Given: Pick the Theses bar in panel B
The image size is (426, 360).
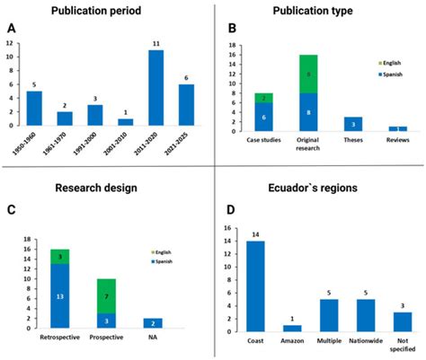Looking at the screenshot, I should tap(353, 123).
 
